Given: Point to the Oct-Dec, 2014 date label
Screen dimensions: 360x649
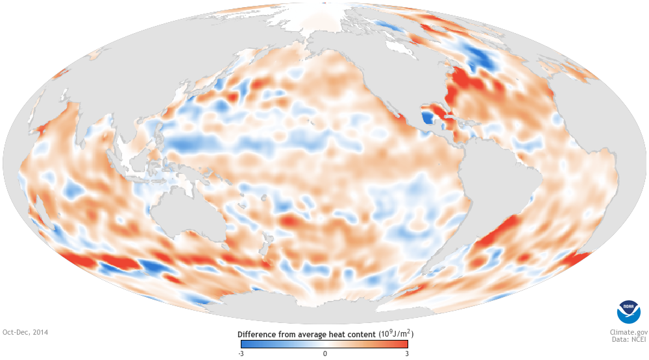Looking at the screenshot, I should tap(25, 332).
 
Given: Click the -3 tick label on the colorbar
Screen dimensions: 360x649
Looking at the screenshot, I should tap(241, 354).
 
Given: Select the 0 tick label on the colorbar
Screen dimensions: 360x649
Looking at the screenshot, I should tap(325, 354).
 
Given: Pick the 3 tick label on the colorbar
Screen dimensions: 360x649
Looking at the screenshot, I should tap(406, 354).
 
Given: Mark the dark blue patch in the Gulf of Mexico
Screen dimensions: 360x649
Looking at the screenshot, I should tap(427, 118).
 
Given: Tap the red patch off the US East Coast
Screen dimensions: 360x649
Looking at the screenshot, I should tap(462, 84).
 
